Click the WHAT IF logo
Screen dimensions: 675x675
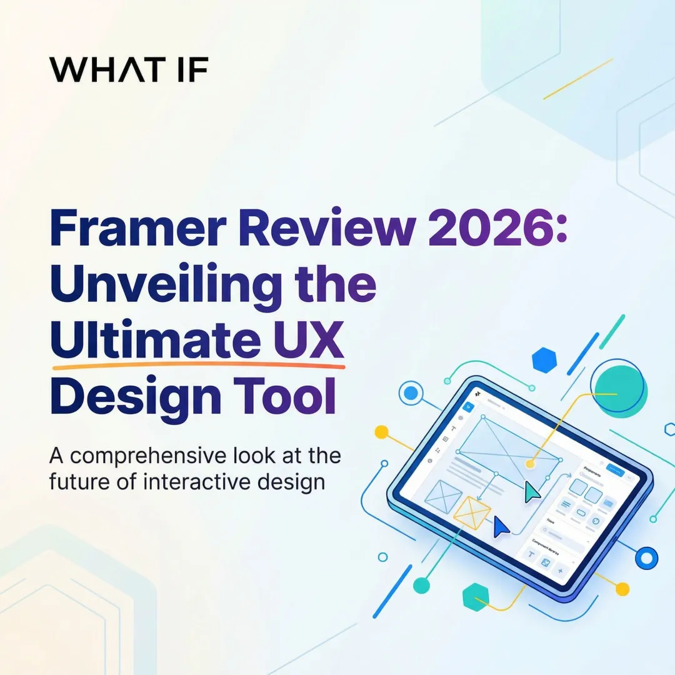point(128,69)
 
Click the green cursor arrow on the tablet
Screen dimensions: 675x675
point(531,491)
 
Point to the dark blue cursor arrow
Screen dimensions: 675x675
point(501,527)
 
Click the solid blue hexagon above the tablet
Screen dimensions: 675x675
point(544,359)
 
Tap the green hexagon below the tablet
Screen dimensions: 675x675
point(475,597)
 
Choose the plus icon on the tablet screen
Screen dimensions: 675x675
point(560,571)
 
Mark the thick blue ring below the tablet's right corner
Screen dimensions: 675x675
point(646,557)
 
